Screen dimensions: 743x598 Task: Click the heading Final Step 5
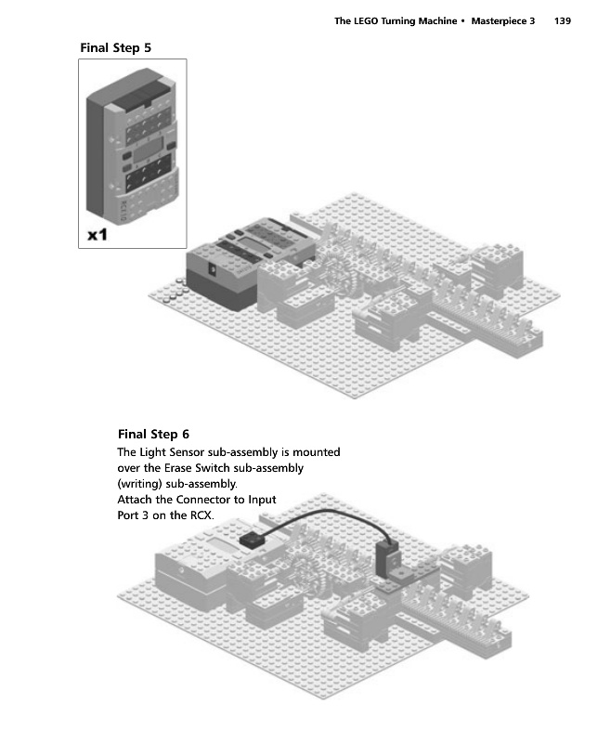pos(116,47)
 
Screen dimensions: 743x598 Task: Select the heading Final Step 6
pos(153,434)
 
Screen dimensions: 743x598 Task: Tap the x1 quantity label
pos(97,236)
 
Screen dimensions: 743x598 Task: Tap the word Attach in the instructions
pos(135,500)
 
